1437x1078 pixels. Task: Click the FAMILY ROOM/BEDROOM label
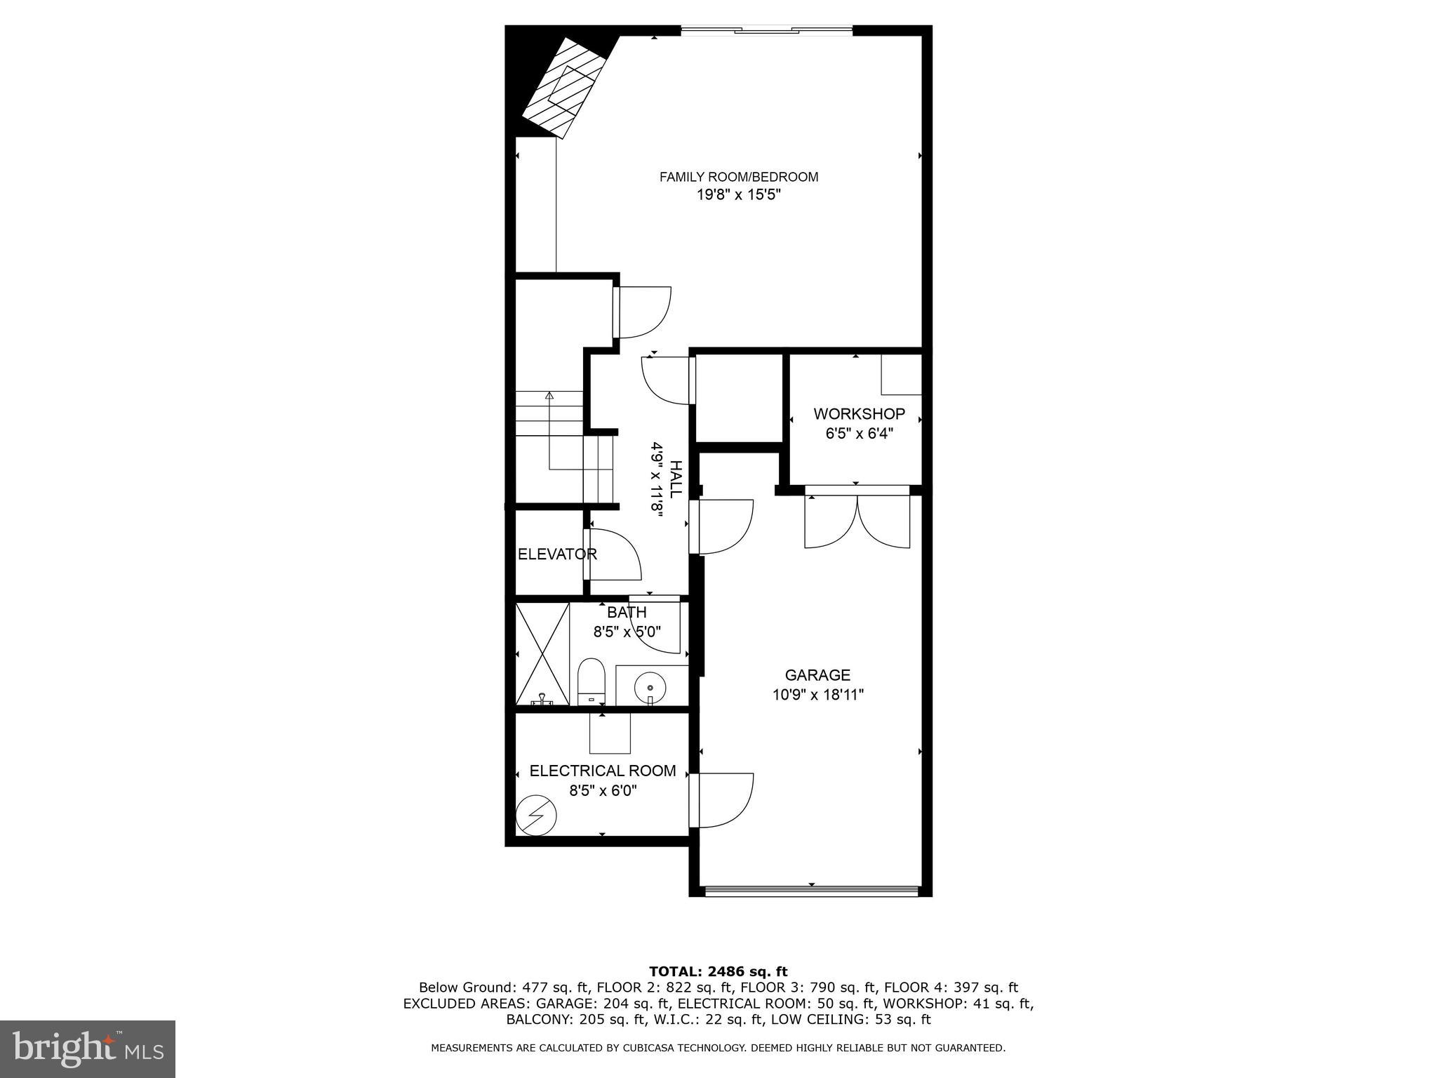tap(738, 177)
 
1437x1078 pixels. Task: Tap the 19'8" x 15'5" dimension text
tap(738, 195)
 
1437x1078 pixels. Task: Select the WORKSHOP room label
tap(859, 413)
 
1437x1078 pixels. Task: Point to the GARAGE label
tap(817, 675)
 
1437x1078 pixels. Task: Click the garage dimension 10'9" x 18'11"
tap(817, 695)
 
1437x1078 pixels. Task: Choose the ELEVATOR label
tap(557, 554)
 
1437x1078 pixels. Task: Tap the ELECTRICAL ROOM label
tap(603, 771)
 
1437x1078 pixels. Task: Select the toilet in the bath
tap(591, 681)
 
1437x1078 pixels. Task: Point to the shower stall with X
tap(542, 653)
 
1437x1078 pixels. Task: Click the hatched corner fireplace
tap(565, 88)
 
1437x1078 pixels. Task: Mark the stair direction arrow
tap(549, 397)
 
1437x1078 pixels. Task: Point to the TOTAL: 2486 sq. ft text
tap(718, 971)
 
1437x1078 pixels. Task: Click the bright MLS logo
tap(88, 1049)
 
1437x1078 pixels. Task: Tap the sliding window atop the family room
tap(766, 29)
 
